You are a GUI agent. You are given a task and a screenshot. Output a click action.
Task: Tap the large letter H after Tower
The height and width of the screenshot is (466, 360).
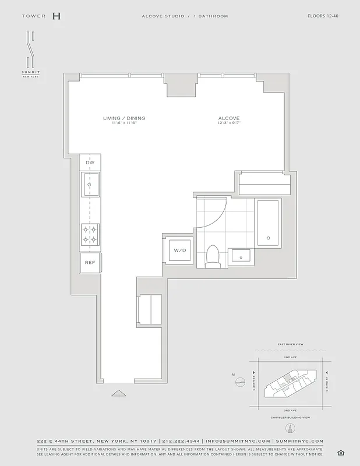(56, 16)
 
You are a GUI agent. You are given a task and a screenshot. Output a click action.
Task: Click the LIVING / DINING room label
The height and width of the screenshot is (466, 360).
(124, 118)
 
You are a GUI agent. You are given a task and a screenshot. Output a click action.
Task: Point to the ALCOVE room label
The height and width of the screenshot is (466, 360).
(229, 118)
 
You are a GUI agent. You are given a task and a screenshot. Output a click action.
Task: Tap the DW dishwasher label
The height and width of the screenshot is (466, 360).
(90, 163)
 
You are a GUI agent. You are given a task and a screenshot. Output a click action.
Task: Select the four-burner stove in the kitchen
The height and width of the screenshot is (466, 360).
(90, 234)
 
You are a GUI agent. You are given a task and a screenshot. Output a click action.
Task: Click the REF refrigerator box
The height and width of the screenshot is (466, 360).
(90, 263)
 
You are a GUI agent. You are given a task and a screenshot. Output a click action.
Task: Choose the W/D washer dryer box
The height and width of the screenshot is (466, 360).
(178, 250)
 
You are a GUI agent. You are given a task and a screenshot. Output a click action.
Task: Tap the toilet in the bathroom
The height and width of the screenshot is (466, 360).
(213, 257)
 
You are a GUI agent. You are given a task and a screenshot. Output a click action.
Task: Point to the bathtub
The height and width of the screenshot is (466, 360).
(268, 224)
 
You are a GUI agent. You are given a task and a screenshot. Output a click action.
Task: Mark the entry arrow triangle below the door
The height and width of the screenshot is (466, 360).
(118, 393)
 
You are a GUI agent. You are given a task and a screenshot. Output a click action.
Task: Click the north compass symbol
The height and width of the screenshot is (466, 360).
(239, 382)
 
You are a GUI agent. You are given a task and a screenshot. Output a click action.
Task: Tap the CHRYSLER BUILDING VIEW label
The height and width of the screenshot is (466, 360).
(290, 418)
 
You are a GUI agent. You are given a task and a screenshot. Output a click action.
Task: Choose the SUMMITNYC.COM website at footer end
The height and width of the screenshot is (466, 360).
(299, 442)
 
